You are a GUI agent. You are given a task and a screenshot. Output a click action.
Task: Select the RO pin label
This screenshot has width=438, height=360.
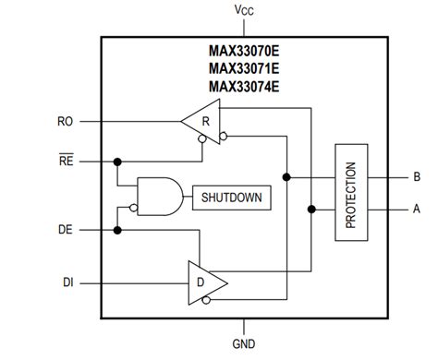click(65, 120)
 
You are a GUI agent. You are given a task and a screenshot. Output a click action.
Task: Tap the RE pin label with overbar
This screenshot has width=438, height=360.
click(65, 160)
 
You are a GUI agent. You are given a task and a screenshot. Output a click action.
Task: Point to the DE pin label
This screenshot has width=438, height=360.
click(65, 229)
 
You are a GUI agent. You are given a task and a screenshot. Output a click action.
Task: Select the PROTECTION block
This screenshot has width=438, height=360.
click(350, 193)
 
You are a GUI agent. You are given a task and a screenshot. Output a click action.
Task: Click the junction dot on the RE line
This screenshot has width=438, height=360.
click(118, 161)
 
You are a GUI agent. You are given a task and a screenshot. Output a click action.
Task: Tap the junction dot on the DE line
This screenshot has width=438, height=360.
click(118, 229)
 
